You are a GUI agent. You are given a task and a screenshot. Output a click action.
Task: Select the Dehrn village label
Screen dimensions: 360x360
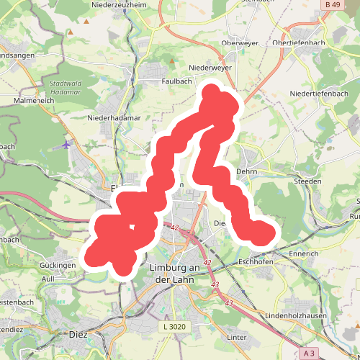coord(247,172)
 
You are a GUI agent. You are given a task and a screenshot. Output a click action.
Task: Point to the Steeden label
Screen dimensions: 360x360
coord(308,181)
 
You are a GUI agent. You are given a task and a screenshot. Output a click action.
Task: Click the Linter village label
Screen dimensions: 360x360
coord(237,337)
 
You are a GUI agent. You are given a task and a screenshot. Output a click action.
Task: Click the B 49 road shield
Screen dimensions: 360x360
coord(332,5)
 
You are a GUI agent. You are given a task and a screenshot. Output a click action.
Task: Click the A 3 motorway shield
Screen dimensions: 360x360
coord(309,353)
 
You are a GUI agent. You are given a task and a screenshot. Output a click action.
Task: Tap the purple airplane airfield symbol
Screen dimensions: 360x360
coord(67,145)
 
